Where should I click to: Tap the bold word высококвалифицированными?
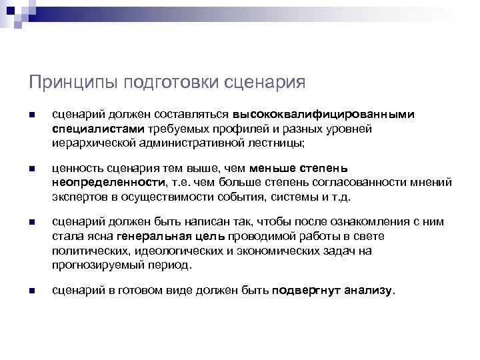(323, 114)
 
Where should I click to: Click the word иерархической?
(88, 142)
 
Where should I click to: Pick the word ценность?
(75, 169)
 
